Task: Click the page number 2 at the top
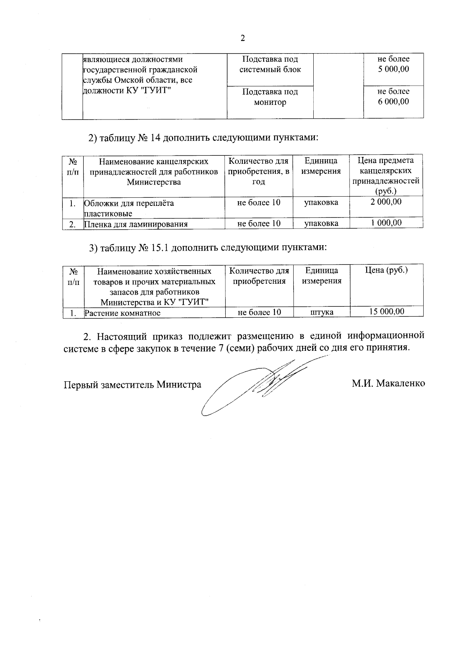(x=242, y=38)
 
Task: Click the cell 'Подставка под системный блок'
(x=270, y=64)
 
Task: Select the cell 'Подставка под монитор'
(x=270, y=97)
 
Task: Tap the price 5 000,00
(x=394, y=69)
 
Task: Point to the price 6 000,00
(x=394, y=102)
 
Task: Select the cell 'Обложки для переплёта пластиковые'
(x=129, y=208)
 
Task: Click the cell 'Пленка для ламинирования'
(x=136, y=224)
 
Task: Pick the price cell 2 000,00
(x=386, y=202)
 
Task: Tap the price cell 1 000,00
(x=386, y=222)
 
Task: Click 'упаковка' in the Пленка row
(x=321, y=223)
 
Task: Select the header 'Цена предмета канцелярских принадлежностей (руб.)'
(x=386, y=175)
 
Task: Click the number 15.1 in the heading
(x=159, y=248)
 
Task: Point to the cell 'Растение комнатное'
(x=123, y=313)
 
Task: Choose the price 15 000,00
(x=387, y=312)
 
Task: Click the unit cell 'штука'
(x=322, y=312)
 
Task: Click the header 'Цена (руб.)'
(x=386, y=270)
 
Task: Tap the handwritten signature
(x=255, y=386)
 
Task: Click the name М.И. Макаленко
(x=388, y=384)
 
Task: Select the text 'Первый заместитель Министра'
(x=132, y=384)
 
